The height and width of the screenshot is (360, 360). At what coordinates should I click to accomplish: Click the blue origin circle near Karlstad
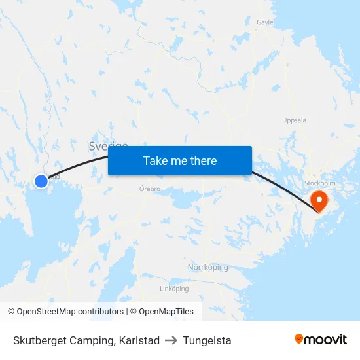pos(41,181)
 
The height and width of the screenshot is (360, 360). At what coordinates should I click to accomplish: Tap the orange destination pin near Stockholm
pos(319,199)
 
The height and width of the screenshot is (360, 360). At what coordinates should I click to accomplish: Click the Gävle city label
pos(264,22)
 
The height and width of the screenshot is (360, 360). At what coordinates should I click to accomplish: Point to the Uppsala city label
pos(294,120)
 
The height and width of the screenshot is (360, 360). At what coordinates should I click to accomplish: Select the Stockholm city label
pos(319,183)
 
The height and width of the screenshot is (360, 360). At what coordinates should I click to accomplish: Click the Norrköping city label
pos(207,268)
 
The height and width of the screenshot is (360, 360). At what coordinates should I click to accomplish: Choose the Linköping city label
pos(174,289)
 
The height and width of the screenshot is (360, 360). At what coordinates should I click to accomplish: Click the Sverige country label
pos(108,145)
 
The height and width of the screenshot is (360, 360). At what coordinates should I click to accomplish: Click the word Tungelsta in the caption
pos(207,340)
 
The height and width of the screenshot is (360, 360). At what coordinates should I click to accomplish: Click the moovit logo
pos(320,339)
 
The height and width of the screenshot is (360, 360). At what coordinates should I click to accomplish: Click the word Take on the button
pos(156,160)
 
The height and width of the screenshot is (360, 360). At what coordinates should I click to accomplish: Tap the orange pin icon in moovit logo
pos(299,339)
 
